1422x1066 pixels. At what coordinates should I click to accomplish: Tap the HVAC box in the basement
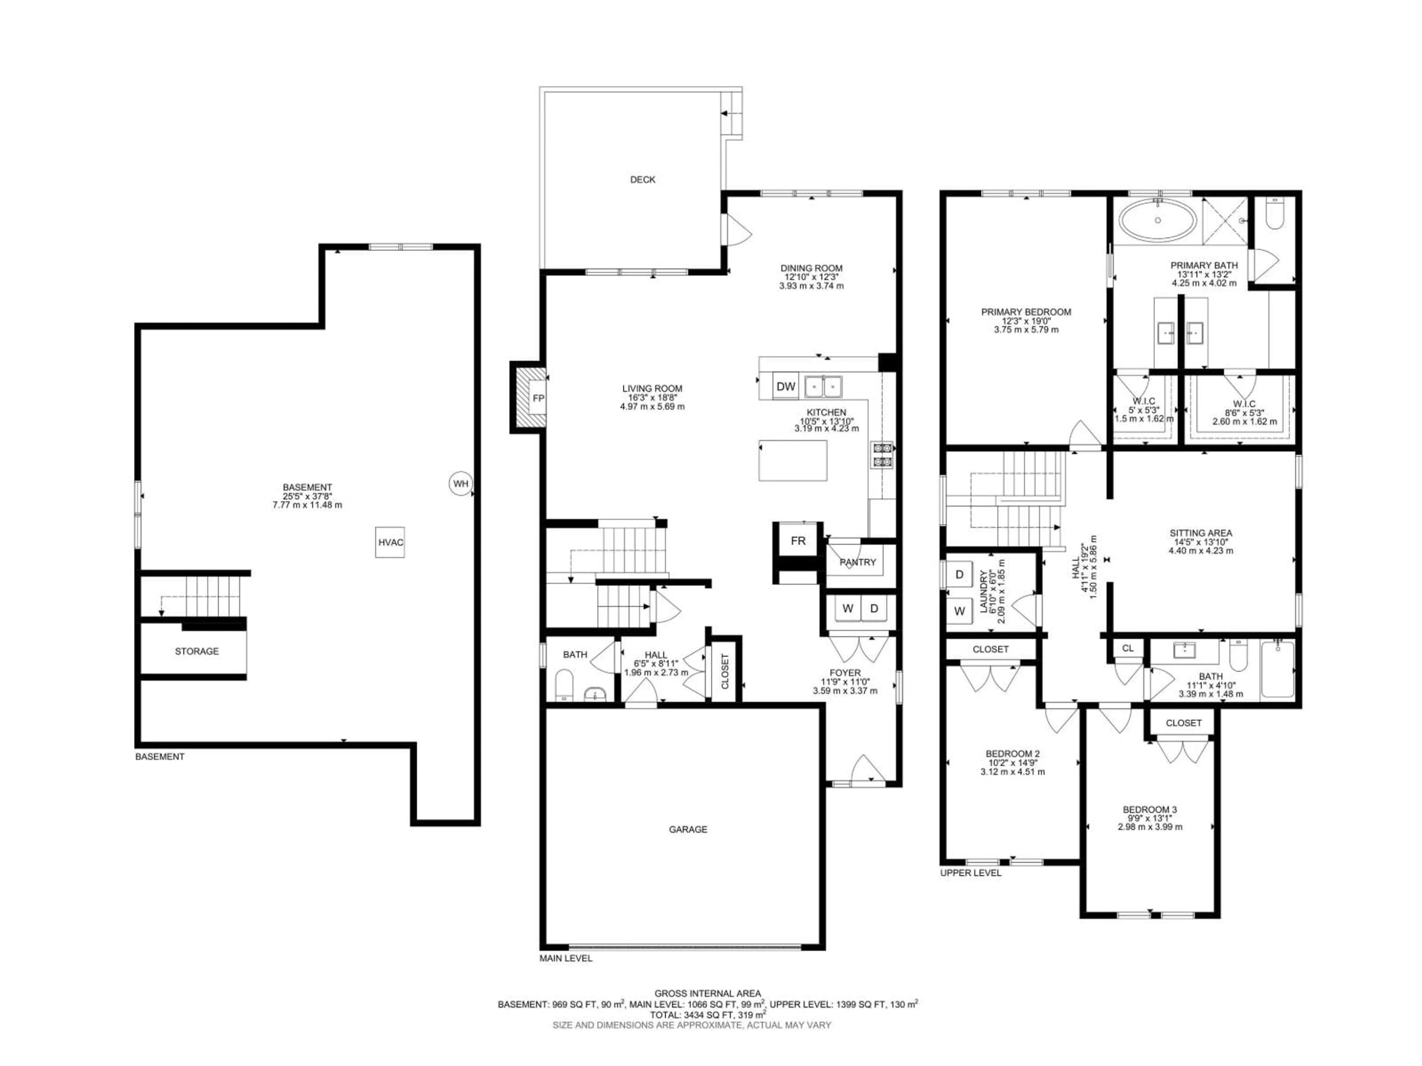pyautogui.click(x=390, y=542)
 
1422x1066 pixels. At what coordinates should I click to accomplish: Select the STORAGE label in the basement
pyautogui.click(x=197, y=651)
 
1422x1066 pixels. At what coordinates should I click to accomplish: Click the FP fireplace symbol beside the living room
pyautogui.click(x=538, y=398)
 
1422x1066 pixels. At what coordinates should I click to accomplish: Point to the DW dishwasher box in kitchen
pyautogui.click(x=785, y=386)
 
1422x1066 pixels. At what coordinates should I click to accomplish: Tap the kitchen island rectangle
pyautogui.click(x=792, y=460)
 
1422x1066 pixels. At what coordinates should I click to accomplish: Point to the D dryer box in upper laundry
pyautogui.click(x=960, y=574)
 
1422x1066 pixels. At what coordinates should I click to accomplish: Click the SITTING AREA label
pyautogui.click(x=1200, y=533)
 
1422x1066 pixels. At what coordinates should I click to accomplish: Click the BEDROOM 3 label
pyautogui.click(x=1149, y=809)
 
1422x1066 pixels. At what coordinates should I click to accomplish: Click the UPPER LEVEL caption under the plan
pyautogui.click(x=970, y=872)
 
